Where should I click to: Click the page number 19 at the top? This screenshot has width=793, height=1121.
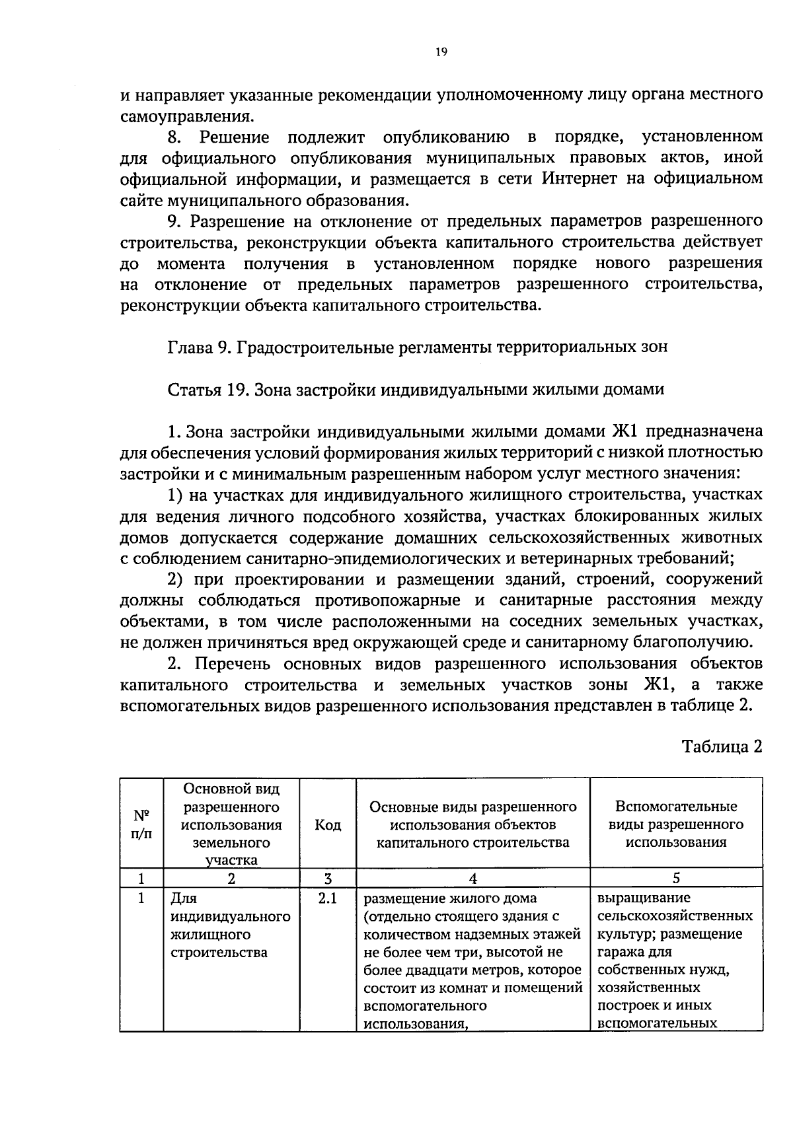[442, 53]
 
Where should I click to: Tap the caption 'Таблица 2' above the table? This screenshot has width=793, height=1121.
[722, 746]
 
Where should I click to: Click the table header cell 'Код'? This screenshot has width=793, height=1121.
[328, 824]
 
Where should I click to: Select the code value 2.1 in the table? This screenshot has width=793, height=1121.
[328, 898]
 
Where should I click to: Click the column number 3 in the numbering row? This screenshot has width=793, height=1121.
[328, 878]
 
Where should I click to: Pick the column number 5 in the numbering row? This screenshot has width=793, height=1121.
[676, 878]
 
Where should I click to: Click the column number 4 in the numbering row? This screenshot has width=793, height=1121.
[472, 878]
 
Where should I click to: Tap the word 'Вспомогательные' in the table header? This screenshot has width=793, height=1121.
[676, 807]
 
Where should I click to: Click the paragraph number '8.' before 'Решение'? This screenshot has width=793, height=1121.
[174, 137]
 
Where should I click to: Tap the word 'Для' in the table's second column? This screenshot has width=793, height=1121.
[184, 898]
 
